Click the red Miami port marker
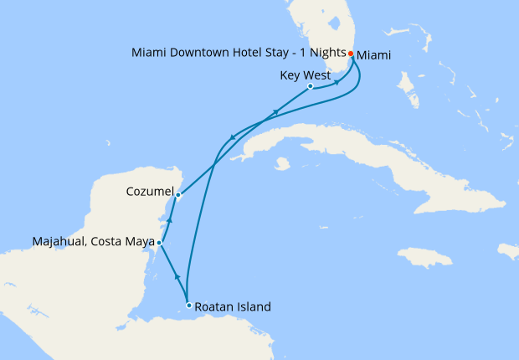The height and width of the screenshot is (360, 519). coord(351,54)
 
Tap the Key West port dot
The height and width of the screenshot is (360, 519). coord(311,86)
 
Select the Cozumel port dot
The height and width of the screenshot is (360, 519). coord(177,196)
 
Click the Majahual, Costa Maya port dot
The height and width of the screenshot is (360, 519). coord(159,242)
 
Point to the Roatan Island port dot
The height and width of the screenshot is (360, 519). coord(189,306)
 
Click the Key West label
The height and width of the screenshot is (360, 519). coord(305,74)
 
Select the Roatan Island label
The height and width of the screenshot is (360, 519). coord(234,306)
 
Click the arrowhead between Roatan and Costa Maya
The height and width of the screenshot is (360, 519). coord(176,275)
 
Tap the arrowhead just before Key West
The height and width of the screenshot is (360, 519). coord(337,82)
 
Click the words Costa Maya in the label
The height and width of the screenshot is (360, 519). coord(124,242)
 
